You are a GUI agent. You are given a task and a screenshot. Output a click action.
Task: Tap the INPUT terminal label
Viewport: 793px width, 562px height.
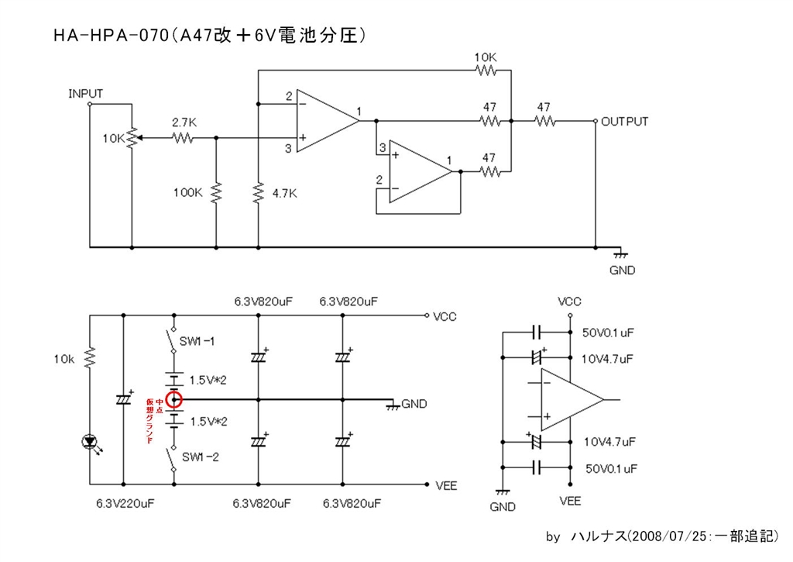[85, 94]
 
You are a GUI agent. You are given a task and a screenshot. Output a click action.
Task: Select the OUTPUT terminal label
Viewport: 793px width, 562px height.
[625, 122]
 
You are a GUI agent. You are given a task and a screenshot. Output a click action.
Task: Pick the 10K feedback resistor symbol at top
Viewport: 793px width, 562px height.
[486, 71]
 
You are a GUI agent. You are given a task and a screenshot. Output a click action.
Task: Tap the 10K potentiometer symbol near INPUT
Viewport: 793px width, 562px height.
[132, 138]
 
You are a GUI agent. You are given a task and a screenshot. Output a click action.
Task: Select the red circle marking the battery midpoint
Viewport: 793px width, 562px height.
[175, 400]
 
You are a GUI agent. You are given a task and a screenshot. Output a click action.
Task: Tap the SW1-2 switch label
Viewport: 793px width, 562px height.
[201, 457]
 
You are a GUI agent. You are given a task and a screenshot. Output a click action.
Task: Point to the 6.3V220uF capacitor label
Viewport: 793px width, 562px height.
[126, 503]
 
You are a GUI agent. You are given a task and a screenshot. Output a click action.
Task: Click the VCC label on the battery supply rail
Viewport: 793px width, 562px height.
[445, 316]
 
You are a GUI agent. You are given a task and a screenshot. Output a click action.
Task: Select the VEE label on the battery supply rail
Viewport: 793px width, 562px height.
[446, 486]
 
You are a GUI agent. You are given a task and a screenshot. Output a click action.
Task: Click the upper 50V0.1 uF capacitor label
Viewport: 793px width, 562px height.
[609, 333]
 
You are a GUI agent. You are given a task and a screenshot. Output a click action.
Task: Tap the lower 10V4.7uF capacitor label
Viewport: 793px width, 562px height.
[609, 442]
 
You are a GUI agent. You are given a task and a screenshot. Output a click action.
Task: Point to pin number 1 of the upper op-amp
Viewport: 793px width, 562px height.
[360, 110]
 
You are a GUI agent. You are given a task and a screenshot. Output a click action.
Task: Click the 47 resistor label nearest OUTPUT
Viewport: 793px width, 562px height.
[544, 107]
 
